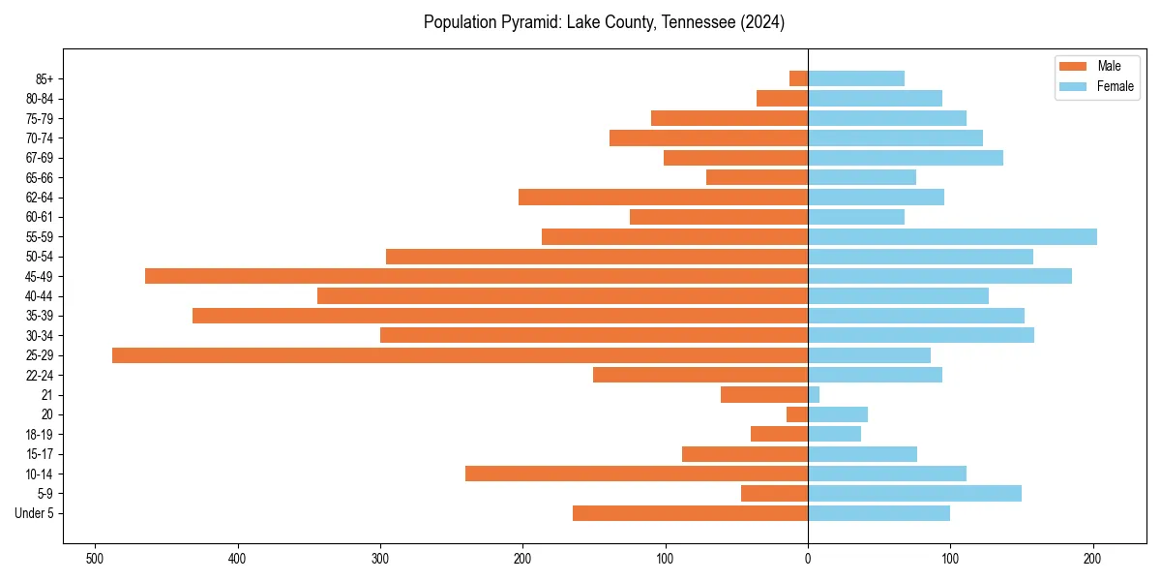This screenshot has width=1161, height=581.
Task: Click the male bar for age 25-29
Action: (460, 355)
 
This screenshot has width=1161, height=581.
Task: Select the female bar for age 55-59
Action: (952, 237)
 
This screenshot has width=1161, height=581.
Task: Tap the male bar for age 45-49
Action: (476, 276)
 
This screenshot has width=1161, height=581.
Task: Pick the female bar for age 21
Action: (814, 395)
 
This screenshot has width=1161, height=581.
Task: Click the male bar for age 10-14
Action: (636, 474)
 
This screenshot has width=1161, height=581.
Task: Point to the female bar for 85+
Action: (856, 78)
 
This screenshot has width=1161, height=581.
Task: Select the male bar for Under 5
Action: (690, 513)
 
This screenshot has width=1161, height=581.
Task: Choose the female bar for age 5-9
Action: (914, 494)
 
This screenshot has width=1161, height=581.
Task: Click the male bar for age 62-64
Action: (663, 198)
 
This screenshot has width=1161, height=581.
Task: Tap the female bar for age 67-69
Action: (906, 158)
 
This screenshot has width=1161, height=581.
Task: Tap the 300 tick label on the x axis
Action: (380, 559)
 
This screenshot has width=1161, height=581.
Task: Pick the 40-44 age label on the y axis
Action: (40, 296)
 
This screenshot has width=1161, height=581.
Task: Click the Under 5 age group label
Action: (34, 513)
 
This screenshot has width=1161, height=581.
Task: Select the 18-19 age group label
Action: (40, 435)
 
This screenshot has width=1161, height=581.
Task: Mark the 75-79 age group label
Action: (40, 118)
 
